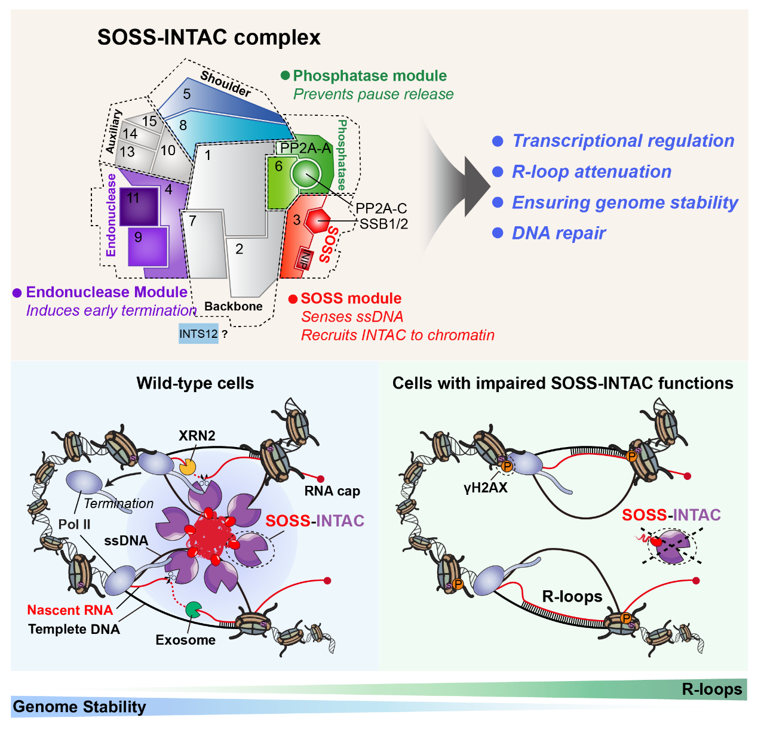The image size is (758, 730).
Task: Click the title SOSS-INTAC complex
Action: coord(208,38)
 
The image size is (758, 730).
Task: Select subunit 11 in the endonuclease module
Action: coord(139,206)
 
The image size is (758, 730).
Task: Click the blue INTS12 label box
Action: coord(198,334)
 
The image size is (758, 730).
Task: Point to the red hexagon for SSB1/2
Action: coord(317,220)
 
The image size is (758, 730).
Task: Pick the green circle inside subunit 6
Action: coord(306,173)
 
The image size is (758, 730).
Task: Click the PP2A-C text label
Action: coord(381,208)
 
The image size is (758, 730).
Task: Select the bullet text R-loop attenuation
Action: coord(591,172)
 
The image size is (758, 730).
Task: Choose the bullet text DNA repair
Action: coord(558,233)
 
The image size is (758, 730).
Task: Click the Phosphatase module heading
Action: coord(369,76)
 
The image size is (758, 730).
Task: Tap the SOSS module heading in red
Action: coord(351,298)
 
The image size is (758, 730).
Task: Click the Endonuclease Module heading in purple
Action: coord(106,292)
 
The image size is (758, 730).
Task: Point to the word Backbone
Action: coord(234,306)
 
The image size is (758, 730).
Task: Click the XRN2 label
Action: coord(197,436)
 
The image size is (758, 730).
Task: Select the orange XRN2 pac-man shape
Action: coord(188,466)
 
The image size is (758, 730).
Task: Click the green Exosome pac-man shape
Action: coord(193,609)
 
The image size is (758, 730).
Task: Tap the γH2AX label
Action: coord(485,488)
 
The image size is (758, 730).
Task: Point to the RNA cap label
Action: coord(332,491)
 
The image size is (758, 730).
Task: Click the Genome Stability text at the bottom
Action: coord(79,707)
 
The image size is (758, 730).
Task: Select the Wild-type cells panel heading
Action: coord(195,383)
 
